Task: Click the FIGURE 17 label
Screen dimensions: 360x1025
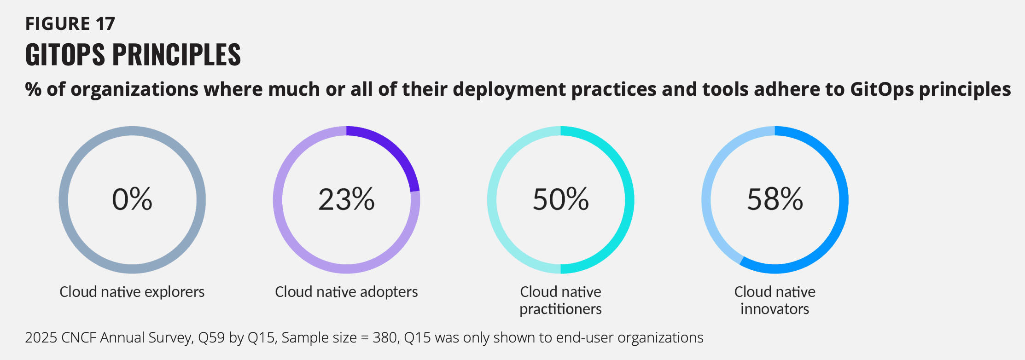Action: pos(70,24)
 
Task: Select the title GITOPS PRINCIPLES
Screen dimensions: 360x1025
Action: pos(133,55)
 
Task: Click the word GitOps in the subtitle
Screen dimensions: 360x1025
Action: pos(881,89)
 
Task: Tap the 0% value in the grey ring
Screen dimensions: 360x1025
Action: pos(132,199)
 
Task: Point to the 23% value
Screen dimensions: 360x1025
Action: pos(346,199)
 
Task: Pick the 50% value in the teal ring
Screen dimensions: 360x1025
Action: pos(560,199)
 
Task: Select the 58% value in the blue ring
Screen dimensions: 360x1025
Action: pos(775,199)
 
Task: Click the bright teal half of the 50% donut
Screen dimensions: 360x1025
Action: pos(629,200)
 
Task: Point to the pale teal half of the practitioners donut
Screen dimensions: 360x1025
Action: pos(492,200)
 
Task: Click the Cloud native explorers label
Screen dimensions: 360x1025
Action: pos(132,292)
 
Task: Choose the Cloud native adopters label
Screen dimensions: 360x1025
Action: pos(346,292)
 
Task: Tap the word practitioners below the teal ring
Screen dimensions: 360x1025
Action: pos(560,309)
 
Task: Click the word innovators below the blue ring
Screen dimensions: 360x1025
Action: pos(775,309)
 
